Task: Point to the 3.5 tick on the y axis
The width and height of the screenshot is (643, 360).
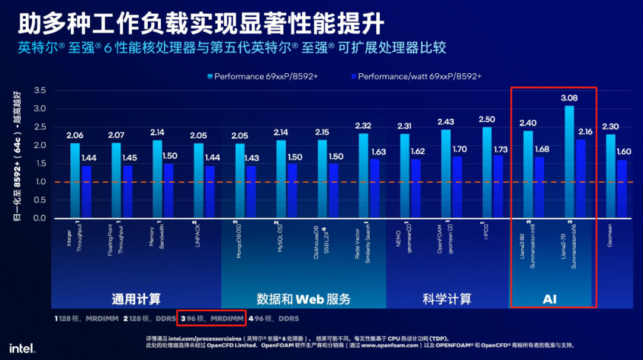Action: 39,90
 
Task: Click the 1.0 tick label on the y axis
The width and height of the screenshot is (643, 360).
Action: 39,182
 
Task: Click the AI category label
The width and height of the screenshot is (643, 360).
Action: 550,299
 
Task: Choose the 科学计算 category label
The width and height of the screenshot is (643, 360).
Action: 447,299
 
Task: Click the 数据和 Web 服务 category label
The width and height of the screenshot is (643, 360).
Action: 304,299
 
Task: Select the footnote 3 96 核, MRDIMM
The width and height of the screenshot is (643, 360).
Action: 213,319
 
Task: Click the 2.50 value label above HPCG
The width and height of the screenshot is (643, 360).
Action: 486,119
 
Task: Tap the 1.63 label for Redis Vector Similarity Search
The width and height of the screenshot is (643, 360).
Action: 378,152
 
